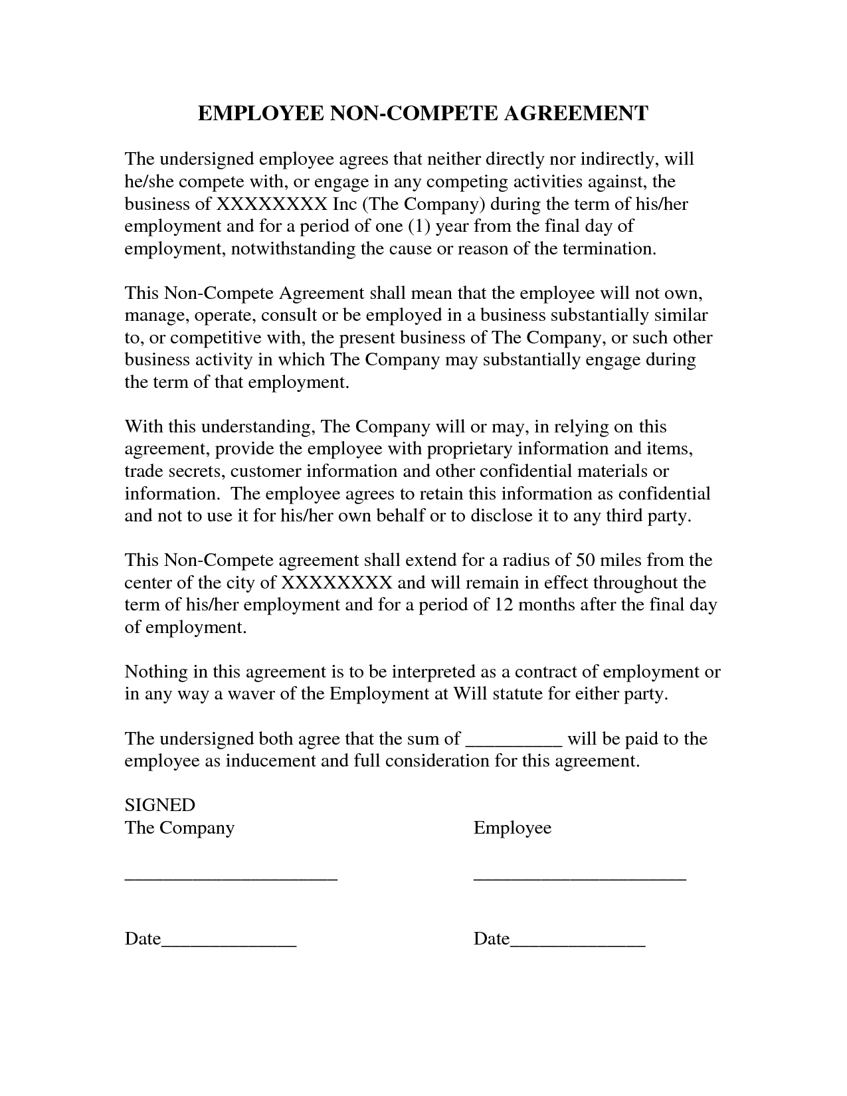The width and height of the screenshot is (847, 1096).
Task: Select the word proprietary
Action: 469,449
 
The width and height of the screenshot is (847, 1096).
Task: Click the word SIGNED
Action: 159,806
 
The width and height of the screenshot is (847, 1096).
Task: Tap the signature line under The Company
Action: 231,878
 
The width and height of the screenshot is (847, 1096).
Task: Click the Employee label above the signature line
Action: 512,828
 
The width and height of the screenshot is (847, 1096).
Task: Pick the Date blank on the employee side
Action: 578,943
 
